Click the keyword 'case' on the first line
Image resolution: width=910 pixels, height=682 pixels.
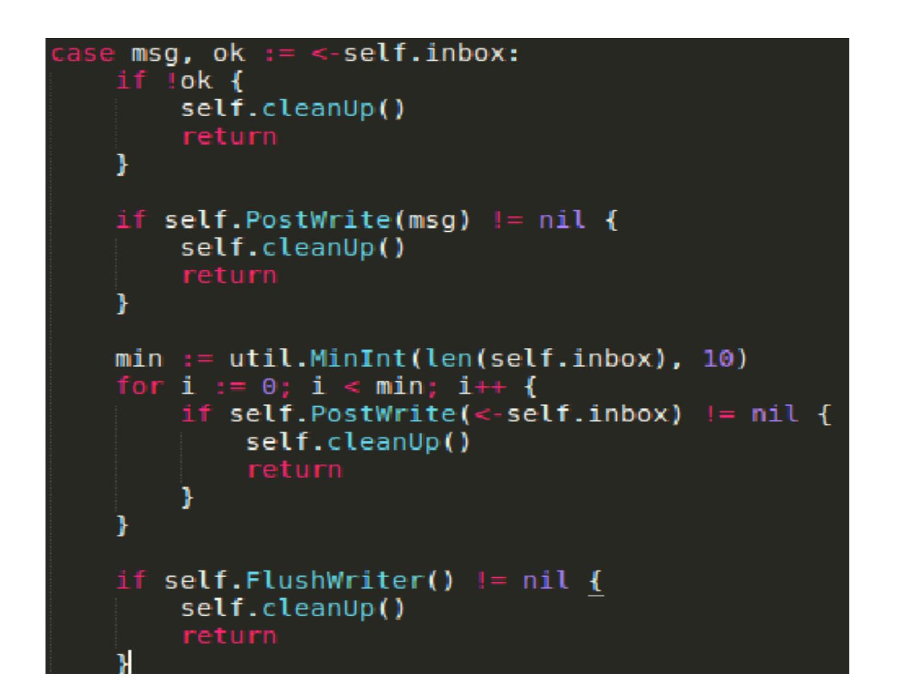tap(83, 54)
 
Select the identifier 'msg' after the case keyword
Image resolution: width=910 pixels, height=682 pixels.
tap(155, 54)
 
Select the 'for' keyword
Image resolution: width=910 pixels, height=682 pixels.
tap(139, 386)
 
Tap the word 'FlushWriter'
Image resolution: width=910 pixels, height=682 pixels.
tap(334, 580)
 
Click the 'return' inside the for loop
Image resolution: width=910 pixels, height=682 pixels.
tap(294, 470)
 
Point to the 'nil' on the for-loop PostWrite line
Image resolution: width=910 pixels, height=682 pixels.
tap(775, 414)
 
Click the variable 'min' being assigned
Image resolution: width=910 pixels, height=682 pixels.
tap(138, 359)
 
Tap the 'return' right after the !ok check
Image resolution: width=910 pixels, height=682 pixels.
tap(229, 137)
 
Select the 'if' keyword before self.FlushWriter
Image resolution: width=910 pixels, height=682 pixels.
tap(131, 580)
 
